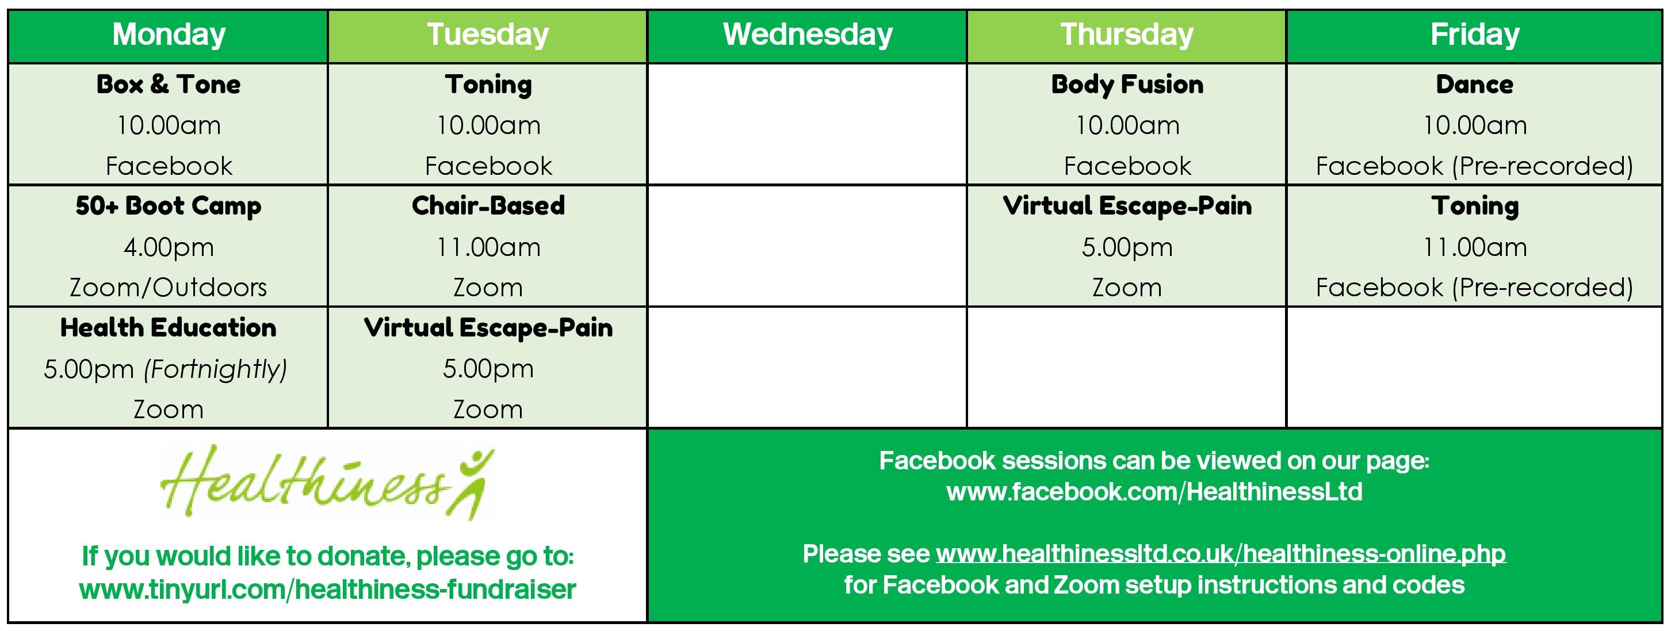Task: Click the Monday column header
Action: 169,35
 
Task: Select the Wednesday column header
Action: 808,35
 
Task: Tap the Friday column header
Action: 1475,35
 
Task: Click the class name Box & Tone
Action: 169,85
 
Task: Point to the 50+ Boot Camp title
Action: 169,206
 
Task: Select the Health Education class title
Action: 169,328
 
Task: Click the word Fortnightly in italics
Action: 215,369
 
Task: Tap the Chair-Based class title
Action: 488,206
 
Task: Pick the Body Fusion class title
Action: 1127,85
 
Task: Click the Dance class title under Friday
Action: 1475,85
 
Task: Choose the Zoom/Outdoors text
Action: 169,288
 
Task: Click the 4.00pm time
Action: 169,247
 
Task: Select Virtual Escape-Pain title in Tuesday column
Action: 488,328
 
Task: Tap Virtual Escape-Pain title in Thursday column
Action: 1127,206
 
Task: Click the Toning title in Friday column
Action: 1475,207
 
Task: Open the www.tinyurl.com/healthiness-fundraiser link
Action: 328,590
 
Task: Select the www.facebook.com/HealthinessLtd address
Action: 1154,492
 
